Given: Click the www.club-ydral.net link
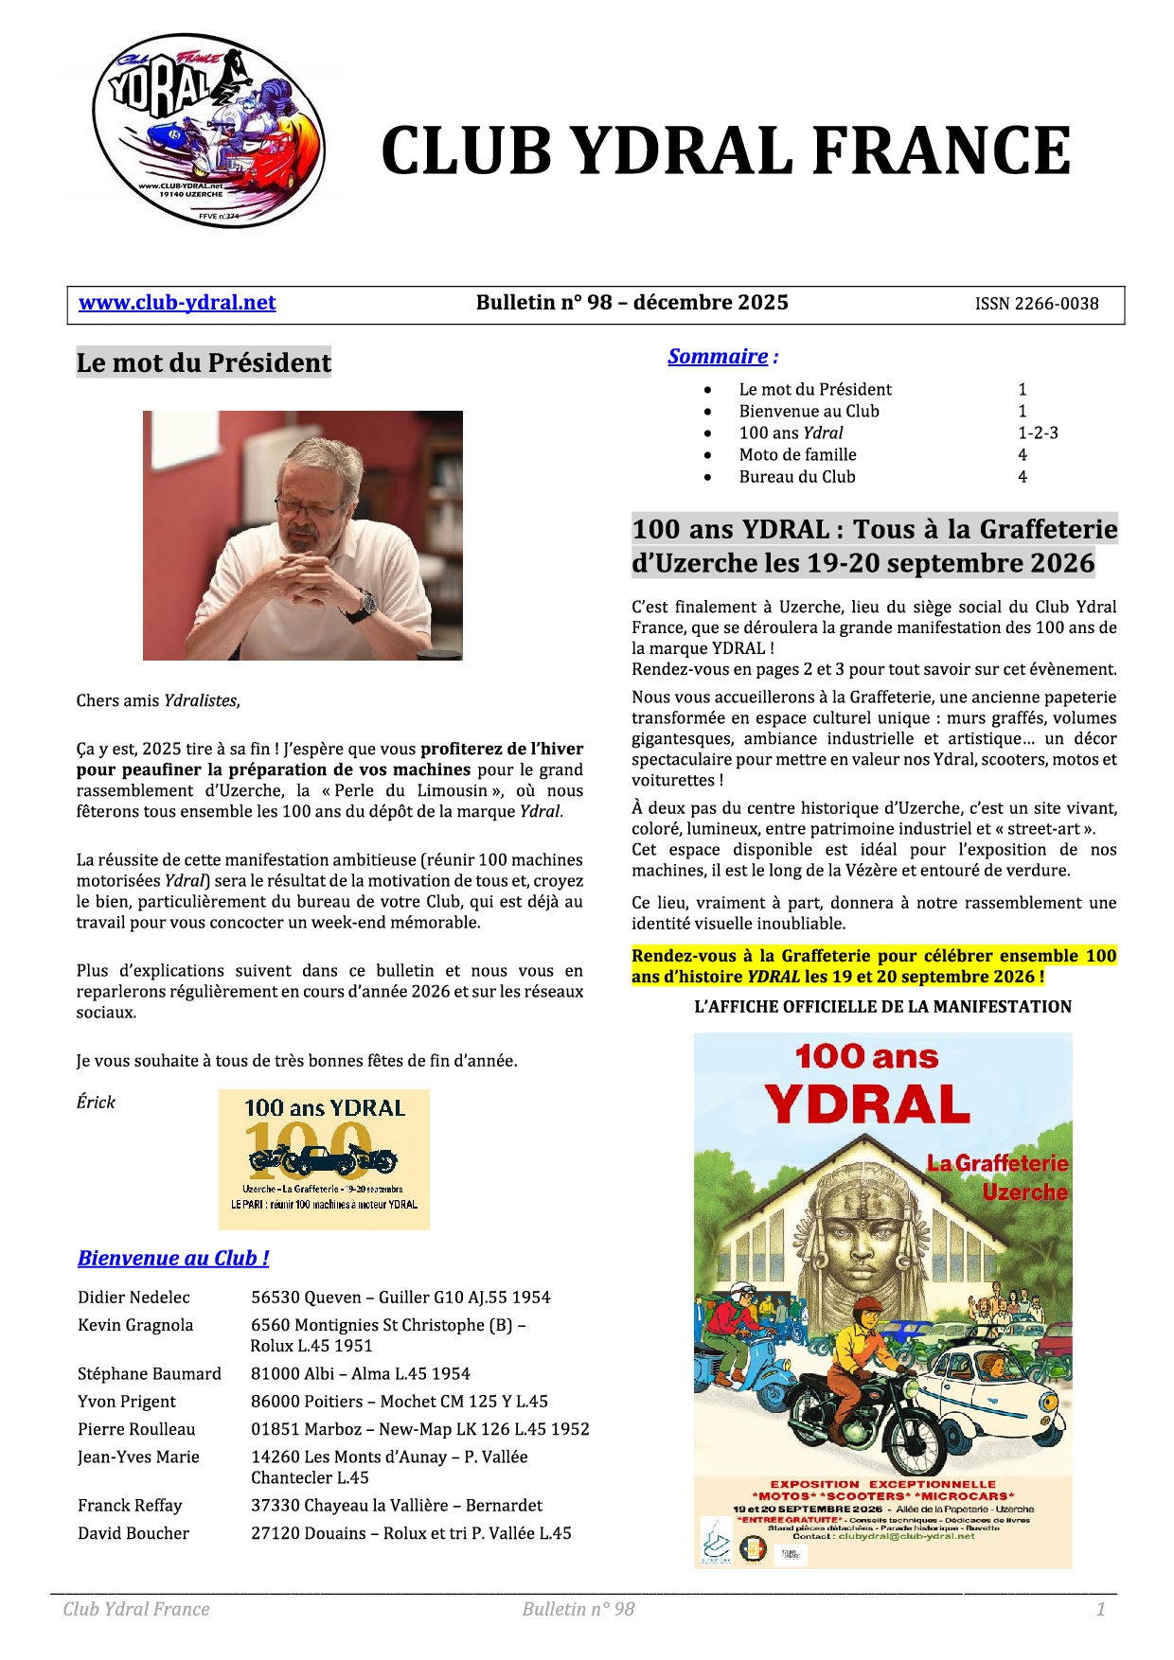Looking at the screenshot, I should click(177, 303).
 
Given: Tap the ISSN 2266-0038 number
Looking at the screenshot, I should click(1037, 304).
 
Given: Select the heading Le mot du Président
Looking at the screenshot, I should click(204, 362).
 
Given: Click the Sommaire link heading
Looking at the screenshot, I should click(718, 357).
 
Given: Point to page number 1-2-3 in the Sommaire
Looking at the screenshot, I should click(1038, 433).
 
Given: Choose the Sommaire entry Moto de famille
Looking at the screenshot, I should click(797, 454).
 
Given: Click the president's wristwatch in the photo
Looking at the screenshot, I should click(365, 603).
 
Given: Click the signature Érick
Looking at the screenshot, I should click(96, 1102).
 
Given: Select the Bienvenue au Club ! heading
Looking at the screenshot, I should click(173, 1258).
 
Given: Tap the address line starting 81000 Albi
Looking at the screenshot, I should click(360, 1373).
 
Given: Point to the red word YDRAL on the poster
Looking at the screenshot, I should click(867, 1104).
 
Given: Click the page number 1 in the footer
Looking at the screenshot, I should click(1100, 1609).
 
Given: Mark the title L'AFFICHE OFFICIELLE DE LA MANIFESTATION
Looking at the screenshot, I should click(882, 1007).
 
